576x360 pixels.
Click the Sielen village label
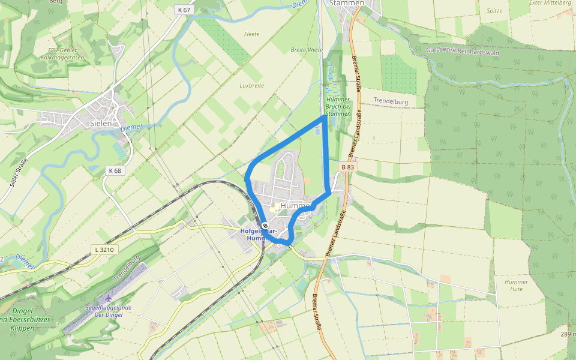pos(101,123)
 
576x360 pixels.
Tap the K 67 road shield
pos(184,10)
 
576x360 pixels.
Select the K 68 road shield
pos(115,170)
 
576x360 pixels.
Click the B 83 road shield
pos(347,167)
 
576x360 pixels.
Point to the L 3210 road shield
pos(104,249)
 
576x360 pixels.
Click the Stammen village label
pos(347,3)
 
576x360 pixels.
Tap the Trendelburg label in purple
pos(391,101)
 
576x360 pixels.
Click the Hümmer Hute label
pos(516,286)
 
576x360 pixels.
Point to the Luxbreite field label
pos(251,86)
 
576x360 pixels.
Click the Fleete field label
pos(252,34)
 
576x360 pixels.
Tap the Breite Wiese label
pos(306,50)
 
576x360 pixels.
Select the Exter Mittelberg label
pos(550,3)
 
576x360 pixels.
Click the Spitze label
pos(494,11)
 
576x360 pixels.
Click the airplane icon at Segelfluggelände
pos(108,298)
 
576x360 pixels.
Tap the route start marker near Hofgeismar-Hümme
pos(265,226)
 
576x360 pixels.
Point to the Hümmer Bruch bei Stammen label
pos(337,106)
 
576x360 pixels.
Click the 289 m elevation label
pos(568,334)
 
